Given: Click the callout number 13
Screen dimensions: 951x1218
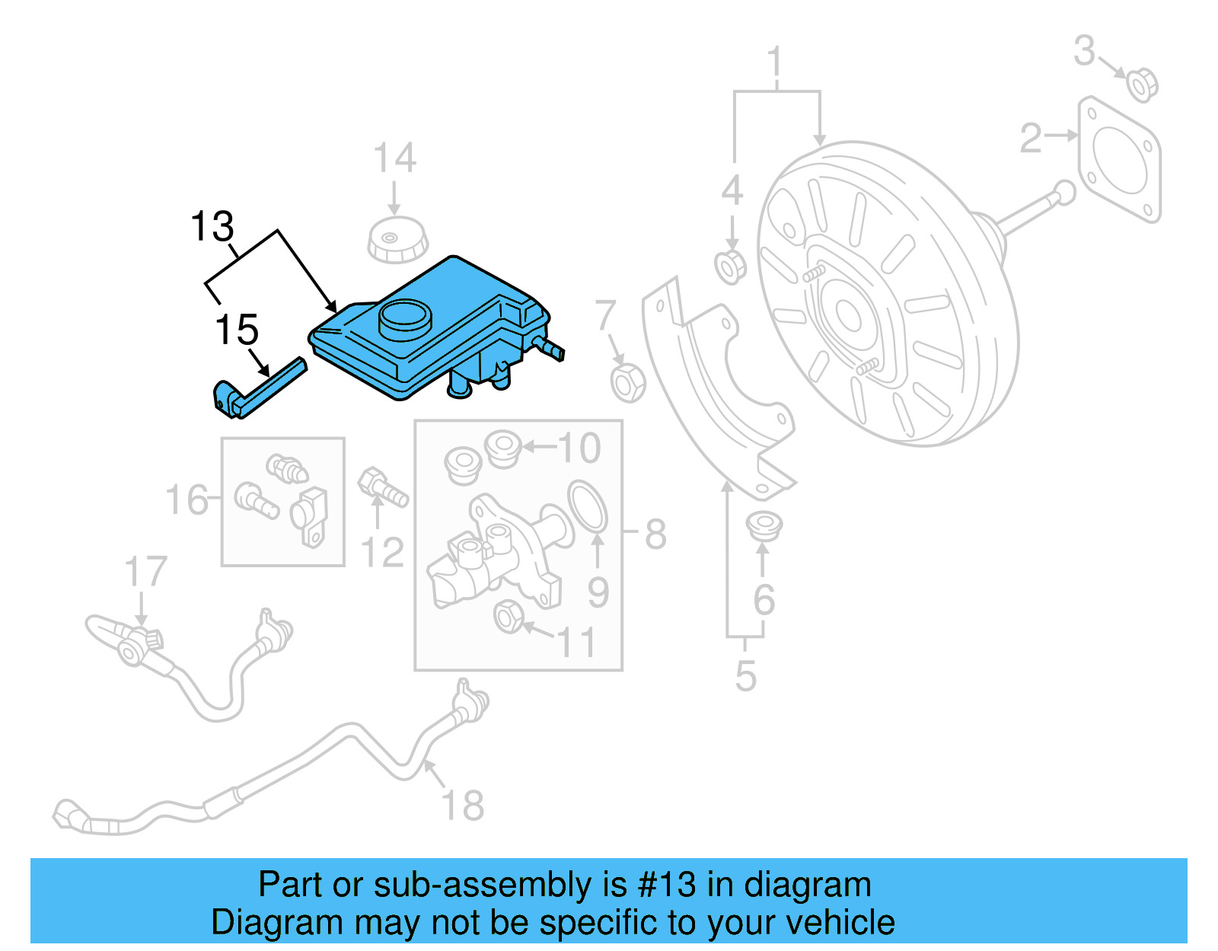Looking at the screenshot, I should (x=212, y=227).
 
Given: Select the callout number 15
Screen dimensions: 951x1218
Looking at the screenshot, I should (x=237, y=330).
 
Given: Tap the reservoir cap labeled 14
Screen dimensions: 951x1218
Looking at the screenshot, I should (x=397, y=239).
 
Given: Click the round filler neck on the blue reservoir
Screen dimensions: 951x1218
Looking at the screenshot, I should (x=404, y=318).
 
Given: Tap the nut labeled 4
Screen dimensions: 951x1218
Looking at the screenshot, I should (x=731, y=266).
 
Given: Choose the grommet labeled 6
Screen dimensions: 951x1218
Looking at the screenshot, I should (x=764, y=526).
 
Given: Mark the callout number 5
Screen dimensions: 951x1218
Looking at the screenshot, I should (x=745, y=675).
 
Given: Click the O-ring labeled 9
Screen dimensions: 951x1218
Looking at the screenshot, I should (x=587, y=506).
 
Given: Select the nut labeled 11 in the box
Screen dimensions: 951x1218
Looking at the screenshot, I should (x=508, y=616).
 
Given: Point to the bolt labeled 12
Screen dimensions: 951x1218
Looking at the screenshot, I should (x=383, y=488).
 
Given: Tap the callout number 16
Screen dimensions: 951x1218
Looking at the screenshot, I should (x=187, y=500).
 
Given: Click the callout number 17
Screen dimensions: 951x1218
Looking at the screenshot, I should (x=145, y=572).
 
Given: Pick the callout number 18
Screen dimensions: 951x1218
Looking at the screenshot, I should (x=462, y=805).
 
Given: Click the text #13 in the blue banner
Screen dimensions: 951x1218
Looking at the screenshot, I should (x=667, y=885).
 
